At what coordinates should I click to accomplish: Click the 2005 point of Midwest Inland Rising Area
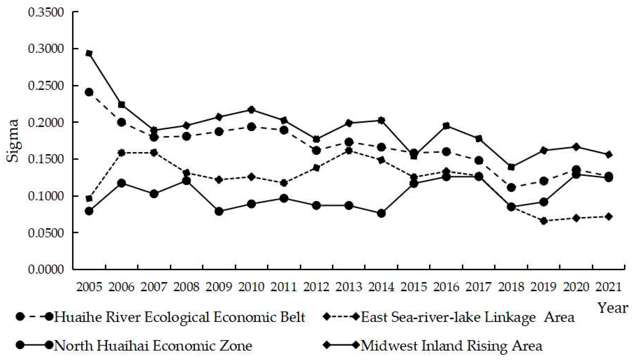(89, 54)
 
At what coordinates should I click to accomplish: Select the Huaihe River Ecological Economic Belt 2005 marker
(89, 92)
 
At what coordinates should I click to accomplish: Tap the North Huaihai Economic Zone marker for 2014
(381, 213)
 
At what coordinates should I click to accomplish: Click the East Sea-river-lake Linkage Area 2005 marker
(89, 199)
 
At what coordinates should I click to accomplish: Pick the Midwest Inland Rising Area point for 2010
(251, 110)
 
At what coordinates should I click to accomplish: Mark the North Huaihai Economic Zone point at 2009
(219, 211)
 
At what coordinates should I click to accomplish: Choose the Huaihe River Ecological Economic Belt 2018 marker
(511, 188)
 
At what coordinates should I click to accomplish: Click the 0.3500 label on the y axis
(46, 12)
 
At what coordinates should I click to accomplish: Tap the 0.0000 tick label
(46, 269)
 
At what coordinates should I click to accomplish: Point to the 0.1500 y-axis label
(46, 159)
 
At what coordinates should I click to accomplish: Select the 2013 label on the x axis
(349, 287)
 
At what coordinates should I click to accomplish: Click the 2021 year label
(609, 287)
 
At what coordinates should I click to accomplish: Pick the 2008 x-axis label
(186, 287)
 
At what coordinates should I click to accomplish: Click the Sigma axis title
(13, 141)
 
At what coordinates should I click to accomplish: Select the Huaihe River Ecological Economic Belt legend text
(180, 317)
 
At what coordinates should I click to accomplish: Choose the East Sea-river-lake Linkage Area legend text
(467, 317)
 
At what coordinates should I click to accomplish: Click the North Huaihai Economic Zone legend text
(153, 346)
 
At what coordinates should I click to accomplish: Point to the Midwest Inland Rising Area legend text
(452, 346)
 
